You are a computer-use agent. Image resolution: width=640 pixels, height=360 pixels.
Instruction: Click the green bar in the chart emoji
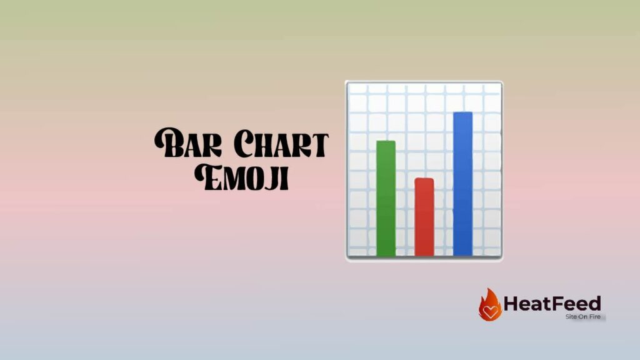pos(386,199)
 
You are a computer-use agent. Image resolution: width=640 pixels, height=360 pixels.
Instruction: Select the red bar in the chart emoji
pos(424,217)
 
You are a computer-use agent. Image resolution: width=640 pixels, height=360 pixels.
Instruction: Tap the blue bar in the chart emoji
pos(462,184)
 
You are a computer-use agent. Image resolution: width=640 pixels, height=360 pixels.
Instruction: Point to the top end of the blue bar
pos(462,114)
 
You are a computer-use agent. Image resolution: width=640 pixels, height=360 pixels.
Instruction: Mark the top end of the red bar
pos(424,180)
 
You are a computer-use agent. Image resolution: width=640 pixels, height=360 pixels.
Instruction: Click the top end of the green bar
pos(386,142)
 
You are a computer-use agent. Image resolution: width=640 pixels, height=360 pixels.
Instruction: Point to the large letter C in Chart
pos(237,144)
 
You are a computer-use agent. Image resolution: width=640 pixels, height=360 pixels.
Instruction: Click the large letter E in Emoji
pos(207,176)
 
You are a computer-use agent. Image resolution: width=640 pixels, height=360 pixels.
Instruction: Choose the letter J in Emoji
pos(272,177)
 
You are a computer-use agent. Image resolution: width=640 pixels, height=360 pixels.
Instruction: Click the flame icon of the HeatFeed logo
pos(490,305)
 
